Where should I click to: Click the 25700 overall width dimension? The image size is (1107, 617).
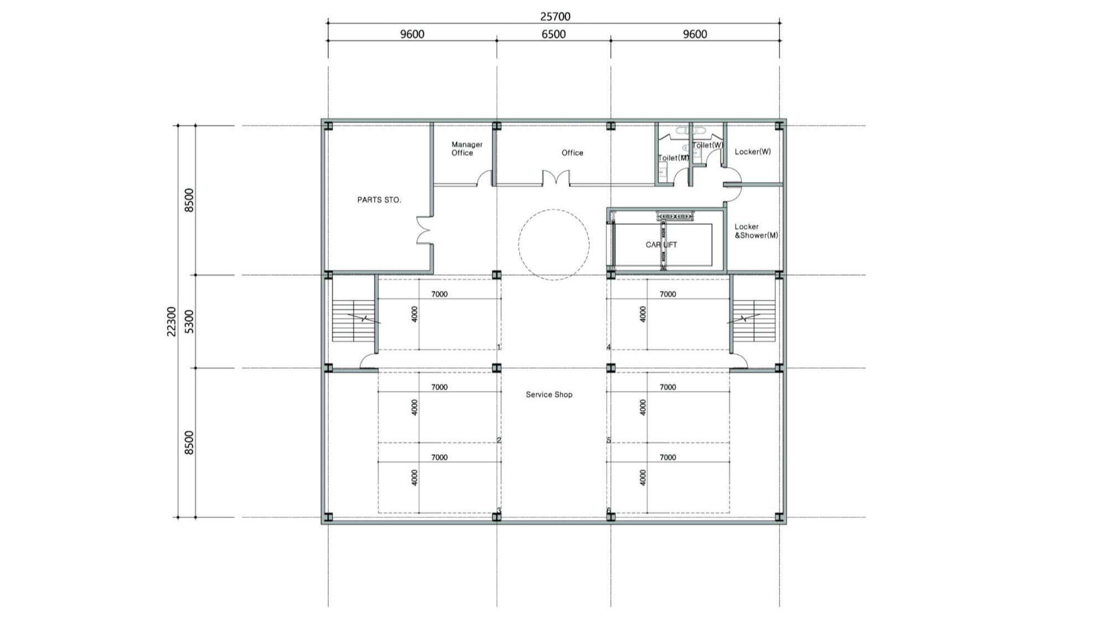click(555, 17)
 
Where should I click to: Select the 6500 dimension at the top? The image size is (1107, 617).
click(553, 34)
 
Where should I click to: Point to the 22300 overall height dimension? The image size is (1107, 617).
click(172, 322)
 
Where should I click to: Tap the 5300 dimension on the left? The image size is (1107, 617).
click(189, 322)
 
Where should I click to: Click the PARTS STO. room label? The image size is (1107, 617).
click(379, 200)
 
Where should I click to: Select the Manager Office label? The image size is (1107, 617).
click(467, 149)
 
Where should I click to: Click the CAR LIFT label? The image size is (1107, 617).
click(661, 245)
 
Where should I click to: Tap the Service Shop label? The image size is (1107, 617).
click(549, 395)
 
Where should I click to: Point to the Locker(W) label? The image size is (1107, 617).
click(753, 152)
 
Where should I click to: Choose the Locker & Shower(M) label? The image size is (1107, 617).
click(756, 231)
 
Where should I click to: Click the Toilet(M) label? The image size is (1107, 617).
click(674, 158)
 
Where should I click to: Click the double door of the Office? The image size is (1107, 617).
click(556, 178)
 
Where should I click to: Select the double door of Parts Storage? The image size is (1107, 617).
click(424, 230)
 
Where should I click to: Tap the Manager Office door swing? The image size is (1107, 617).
click(485, 178)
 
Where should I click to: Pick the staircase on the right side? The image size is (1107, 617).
click(753, 321)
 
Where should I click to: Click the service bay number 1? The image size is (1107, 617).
click(499, 347)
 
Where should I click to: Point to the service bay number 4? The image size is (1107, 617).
click(609, 347)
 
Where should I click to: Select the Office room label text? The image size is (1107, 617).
click(572, 153)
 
